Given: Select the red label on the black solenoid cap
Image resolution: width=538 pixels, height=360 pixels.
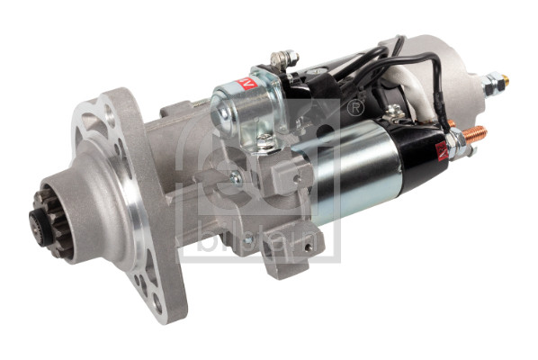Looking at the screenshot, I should pos(441,148).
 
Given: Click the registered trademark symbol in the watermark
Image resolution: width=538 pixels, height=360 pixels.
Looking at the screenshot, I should pos(355,107).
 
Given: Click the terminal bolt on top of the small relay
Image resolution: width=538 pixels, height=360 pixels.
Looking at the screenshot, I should pos(286,59).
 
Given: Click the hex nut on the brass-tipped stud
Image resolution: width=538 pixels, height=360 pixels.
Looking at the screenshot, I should pos(490,86).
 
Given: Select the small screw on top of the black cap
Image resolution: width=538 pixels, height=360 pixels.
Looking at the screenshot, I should pos(393,112).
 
